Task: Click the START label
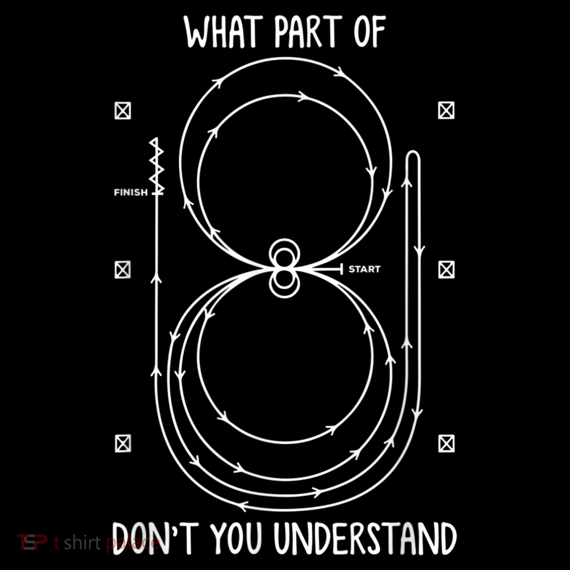click(365, 269)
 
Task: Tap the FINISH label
click(131, 193)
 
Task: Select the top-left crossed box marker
click(123, 111)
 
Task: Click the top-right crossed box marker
click(446, 110)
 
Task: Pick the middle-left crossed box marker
click(123, 269)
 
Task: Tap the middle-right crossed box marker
click(446, 270)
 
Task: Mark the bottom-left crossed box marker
click(123, 443)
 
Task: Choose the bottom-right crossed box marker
click(446, 443)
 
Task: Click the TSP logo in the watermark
click(32, 542)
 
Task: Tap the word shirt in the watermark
click(82, 542)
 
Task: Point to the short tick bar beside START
click(341, 269)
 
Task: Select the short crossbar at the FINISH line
click(158, 194)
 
